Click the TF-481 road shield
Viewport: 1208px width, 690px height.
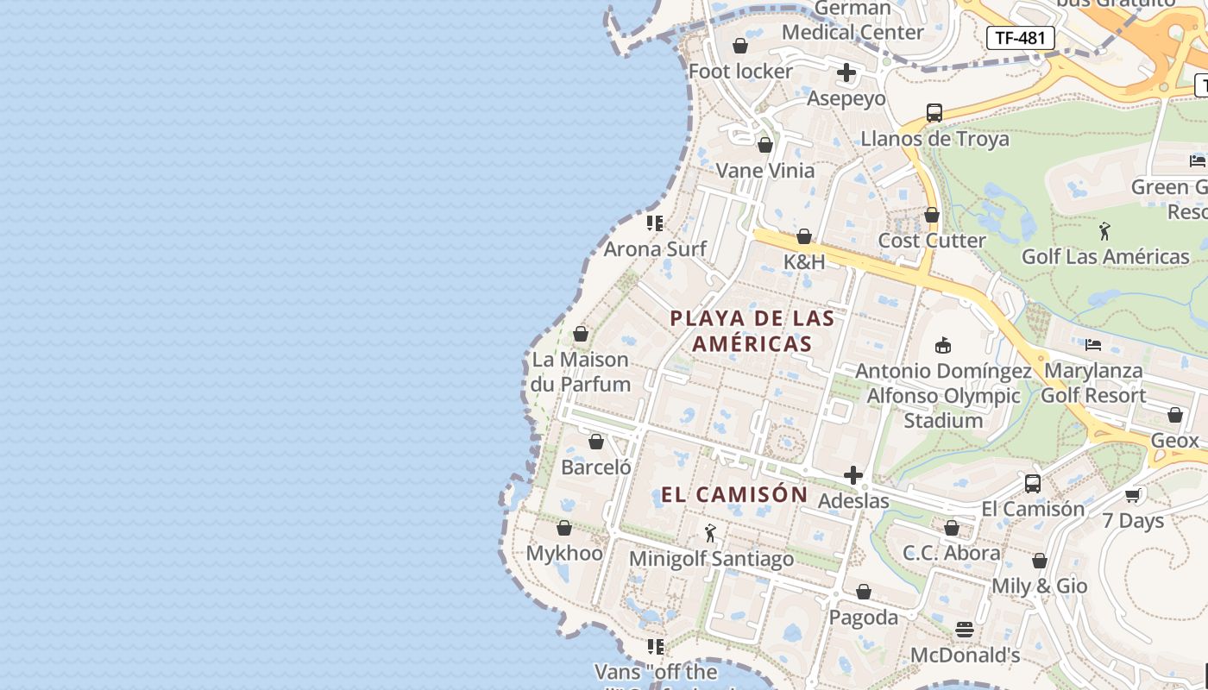[x=1020, y=37]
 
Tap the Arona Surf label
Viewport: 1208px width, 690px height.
[x=655, y=248]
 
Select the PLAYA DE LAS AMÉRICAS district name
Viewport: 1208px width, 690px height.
[x=752, y=330]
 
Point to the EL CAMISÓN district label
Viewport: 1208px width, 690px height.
[x=734, y=494]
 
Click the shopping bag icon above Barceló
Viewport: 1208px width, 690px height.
[x=595, y=442]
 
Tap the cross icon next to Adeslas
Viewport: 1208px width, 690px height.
[x=853, y=475]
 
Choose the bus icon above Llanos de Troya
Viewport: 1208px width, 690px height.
[x=934, y=112]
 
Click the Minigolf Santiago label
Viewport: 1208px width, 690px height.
[x=711, y=559]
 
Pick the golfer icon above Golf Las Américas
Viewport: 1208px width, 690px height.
[x=1104, y=230]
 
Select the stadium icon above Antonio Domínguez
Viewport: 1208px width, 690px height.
[x=942, y=345]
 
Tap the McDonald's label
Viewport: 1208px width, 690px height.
[x=965, y=655]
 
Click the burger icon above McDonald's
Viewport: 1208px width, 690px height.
[x=964, y=630]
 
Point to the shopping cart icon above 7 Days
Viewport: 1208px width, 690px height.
[x=1133, y=495]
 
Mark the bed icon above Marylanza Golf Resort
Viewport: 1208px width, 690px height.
[x=1093, y=345]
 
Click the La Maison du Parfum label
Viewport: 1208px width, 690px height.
[x=581, y=372]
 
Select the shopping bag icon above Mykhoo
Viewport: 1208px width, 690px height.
[x=563, y=528]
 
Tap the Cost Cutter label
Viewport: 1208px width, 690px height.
[x=931, y=241]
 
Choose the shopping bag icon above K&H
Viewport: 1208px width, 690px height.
[x=804, y=236]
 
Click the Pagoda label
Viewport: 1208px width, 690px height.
[x=863, y=618]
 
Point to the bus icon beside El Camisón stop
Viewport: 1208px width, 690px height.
[x=1033, y=484]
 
